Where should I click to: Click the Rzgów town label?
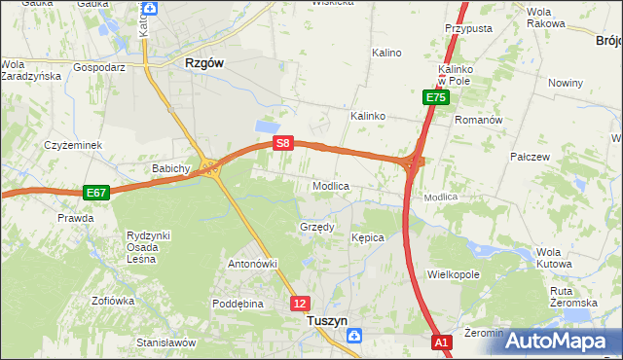(204, 62)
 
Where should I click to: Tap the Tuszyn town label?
(326, 318)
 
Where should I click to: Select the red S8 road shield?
(282, 143)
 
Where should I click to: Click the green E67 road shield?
(95, 193)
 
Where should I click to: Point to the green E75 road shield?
(435, 97)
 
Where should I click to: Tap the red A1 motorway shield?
(442, 342)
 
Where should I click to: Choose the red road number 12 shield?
(300, 304)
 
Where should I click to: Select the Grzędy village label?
(316, 228)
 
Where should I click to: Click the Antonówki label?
(253, 264)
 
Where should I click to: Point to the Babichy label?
(170, 168)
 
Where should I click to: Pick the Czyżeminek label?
(73, 145)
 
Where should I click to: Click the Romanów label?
(479, 120)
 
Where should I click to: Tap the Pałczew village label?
(531, 156)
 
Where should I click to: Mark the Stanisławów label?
(166, 342)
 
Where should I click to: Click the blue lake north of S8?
(265, 127)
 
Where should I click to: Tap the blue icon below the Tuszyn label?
(354, 336)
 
